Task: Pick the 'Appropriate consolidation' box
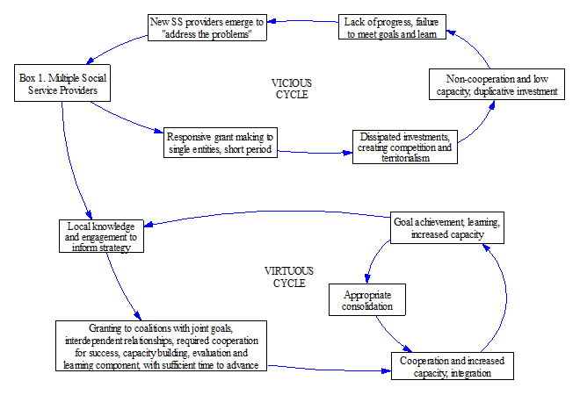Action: coord(367,298)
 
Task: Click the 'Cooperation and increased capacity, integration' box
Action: coord(449,365)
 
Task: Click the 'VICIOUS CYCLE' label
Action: coord(291,89)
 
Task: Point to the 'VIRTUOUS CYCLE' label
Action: coord(289,276)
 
